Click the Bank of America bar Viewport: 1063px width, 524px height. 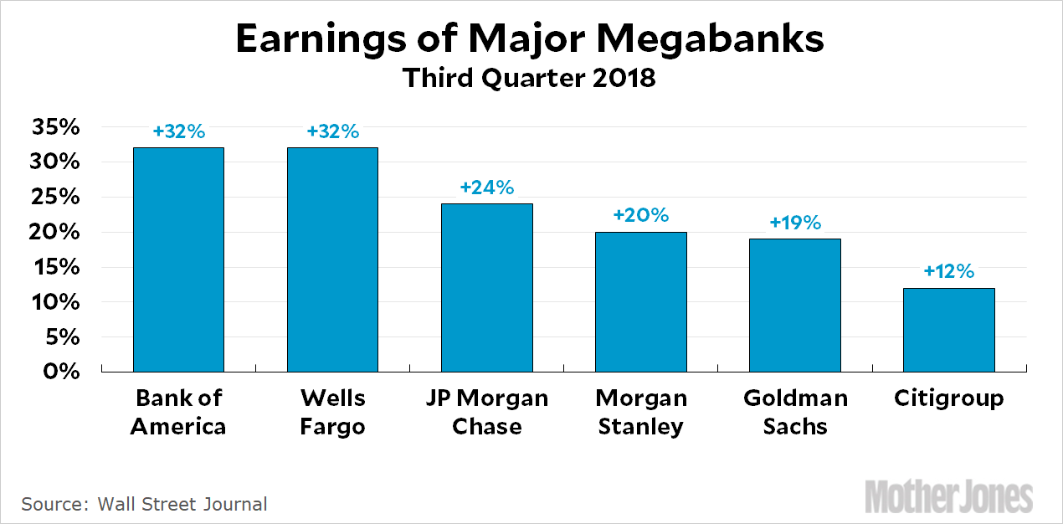pyautogui.click(x=178, y=259)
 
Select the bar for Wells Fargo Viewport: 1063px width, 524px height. pyautogui.click(x=332, y=259)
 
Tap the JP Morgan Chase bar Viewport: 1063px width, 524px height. pyautogui.click(x=486, y=287)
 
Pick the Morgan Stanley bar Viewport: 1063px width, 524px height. pyautogui.click(x=640, y=301)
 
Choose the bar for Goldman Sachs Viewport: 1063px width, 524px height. pyautogui.click(x=794, y=305)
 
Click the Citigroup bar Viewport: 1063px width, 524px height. pyautogui.click(x=948, y=329)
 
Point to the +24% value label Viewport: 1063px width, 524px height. pyautogui.click(x=486, y=188)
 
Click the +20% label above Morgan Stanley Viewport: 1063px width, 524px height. pyautogui.click(x=640, y=215)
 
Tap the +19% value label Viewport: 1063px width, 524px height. pyautogui.click(x=794, y=223)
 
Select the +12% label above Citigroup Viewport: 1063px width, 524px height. pyautogui.click(x=948, y=272)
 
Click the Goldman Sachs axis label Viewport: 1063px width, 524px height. pyautogui.click(x=794, y=411)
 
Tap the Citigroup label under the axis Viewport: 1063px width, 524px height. pyautogui.click(x=948, y=398)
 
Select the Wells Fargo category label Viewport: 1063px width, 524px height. pyautogui.click(x=332, y=411)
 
